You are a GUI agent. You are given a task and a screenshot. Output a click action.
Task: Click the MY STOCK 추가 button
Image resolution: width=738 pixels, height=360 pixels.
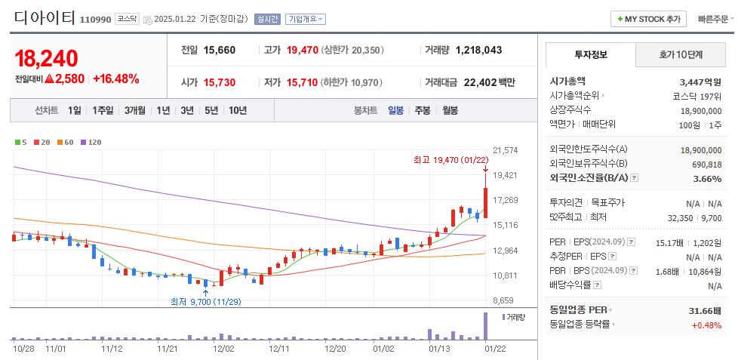point(648,19)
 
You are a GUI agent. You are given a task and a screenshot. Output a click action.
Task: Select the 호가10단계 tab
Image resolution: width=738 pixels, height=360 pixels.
point(681,55)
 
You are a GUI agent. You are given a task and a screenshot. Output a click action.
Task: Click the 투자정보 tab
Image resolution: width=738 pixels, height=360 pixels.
point(590,55)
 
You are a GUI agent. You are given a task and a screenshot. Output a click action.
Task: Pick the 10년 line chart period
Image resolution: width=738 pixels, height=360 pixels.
point(237,110)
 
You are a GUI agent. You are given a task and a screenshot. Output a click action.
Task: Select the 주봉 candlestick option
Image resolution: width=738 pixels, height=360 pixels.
point(422,110)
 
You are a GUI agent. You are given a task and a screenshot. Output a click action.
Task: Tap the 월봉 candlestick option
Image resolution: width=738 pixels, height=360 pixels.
point(450,110)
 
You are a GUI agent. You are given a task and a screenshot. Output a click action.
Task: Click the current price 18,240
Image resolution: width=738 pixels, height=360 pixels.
point(46,58)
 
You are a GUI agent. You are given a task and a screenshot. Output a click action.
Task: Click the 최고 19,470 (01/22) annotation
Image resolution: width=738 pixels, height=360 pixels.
point(450,159)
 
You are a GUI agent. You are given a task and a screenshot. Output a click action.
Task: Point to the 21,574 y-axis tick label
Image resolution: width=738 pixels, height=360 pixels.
point(505,150)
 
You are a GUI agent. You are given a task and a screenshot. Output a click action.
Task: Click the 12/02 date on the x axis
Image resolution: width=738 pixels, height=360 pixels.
point(223,349)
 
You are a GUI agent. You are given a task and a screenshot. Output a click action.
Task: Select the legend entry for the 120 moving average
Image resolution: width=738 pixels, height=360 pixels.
point(92,142)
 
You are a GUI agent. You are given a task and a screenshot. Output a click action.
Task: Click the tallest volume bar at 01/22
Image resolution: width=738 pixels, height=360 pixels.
point(485,326)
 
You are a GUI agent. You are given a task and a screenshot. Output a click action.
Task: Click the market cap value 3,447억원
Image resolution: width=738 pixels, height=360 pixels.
point(700,81)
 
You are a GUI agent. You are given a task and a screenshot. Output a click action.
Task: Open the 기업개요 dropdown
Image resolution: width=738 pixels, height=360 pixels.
point(305,19)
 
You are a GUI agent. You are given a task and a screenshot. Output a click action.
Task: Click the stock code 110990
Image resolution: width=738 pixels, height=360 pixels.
point(95,19)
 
